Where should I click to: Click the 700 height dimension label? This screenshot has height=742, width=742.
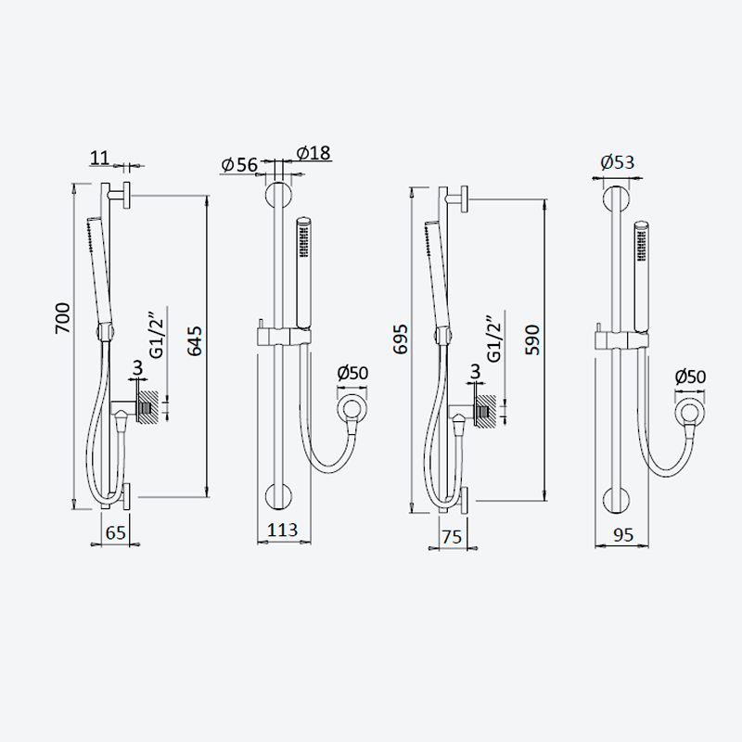click(x=63, y=318)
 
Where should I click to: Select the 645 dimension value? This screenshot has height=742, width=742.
click(x=195, y=340)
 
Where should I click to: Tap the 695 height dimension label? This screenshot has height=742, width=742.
click(x=401, y=339)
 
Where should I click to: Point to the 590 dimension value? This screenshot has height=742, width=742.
click(x=532, y=339)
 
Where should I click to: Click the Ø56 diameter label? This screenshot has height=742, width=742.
click(x=239, y=165)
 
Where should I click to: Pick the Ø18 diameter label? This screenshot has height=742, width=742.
click(x=313, y=153)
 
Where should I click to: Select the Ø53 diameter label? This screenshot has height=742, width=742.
click(x=617, y=162)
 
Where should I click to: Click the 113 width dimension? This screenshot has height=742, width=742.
click(x=283, y=530)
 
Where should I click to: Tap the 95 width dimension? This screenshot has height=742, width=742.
click(x=622, y=535)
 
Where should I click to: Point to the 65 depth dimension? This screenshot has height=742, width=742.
click(x=115, y=532)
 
